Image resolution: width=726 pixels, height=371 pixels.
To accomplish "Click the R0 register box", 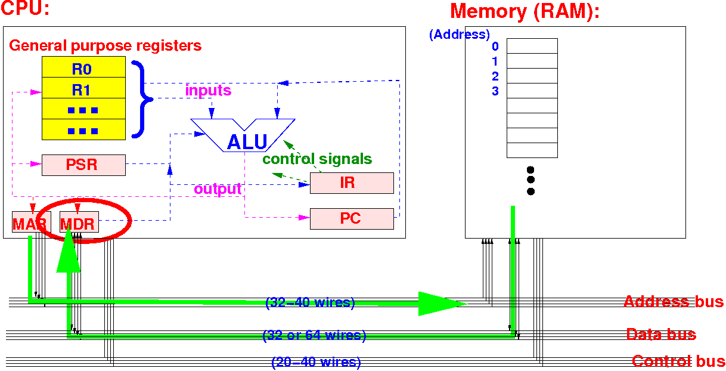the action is click(83, 67).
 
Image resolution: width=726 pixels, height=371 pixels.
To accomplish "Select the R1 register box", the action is click(83, 88).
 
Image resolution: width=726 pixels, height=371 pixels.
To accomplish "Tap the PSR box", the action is click(83, 165).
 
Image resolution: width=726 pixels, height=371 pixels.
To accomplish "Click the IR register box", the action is click(352, 183).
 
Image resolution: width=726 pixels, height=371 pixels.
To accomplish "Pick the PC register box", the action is click(352, 218).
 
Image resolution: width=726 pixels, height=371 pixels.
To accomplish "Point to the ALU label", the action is click(247, 142).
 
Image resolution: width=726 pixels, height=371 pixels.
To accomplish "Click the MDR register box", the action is click(79, 222).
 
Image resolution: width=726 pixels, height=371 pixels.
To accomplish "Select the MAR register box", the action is click(32, 222).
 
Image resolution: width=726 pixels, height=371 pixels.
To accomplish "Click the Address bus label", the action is click(674, 301).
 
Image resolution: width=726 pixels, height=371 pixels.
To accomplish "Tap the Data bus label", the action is click(661, 334).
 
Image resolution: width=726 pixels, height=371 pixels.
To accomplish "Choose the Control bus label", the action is click(678, 361).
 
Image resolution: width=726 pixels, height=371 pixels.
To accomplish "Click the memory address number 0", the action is click(495, 47).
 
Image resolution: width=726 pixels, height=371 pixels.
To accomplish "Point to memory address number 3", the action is click(495, 91).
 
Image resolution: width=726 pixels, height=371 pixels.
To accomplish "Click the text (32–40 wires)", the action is click(310, 302).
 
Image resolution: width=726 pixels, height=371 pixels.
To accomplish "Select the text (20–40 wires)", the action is click(316, 362).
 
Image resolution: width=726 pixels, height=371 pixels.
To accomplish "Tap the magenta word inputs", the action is click(208, 90).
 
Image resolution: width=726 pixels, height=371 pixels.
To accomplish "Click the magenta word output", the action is click(218, 188).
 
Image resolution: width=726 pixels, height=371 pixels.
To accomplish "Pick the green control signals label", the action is click(317, 159).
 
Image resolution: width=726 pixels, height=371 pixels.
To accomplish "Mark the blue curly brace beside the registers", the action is click(142, 99).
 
